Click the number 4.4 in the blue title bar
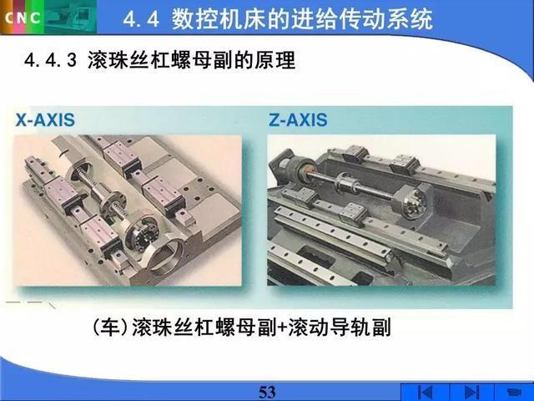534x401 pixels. (x=141, y=18)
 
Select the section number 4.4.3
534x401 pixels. (x=51, y=61)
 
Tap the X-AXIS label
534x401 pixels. (x=45, y=120)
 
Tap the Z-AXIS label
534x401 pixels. (x=298, y=120)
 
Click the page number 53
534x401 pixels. (x=267, y=392)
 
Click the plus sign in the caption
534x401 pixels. (x=281, y=328)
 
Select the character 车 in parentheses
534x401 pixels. (x=111, y=327)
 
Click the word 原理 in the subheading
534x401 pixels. (x=275, y=61)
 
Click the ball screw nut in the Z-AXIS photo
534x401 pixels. (x=345, y=183)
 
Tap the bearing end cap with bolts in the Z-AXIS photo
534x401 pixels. (x=412, y=202)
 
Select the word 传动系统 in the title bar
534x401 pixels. (x=391, y=18)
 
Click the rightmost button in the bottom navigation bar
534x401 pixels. (x=513, y=392)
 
